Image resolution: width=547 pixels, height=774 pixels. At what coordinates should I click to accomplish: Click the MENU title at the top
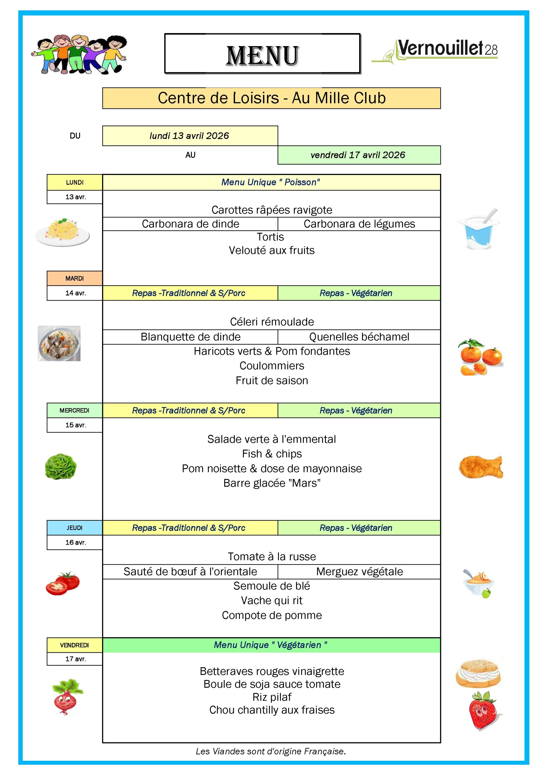262,55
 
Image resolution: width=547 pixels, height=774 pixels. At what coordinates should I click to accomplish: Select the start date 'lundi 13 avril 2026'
190,136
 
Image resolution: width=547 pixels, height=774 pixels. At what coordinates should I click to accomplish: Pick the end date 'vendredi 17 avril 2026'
358,155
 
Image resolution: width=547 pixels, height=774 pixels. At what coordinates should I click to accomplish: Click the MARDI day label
74,278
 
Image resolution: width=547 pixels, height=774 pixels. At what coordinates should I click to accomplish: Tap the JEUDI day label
74,528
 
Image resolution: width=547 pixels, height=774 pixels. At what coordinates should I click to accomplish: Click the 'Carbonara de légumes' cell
359,224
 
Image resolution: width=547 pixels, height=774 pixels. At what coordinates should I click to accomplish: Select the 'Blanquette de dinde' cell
190,337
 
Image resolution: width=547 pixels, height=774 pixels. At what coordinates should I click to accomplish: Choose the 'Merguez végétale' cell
359,571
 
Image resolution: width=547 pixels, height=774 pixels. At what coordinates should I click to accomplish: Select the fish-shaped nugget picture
481,467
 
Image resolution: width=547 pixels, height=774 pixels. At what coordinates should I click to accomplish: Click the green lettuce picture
61,467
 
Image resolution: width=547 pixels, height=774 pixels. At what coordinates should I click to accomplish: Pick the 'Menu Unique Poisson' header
271,182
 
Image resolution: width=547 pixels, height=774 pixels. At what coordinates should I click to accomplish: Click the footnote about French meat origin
271,751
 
